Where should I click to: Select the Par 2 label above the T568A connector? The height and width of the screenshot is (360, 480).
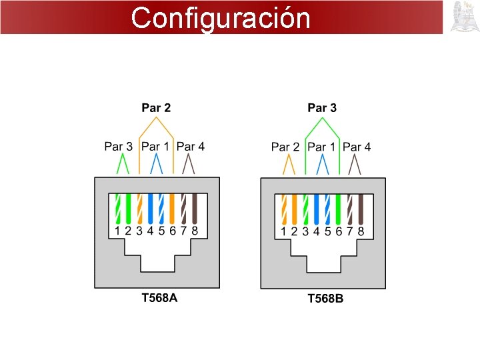point(156,107)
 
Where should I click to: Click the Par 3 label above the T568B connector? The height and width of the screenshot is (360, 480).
point(322,107)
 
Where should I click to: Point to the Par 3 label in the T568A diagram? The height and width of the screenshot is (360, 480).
point(119,147)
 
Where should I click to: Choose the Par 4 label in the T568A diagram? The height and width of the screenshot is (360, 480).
point(191,147)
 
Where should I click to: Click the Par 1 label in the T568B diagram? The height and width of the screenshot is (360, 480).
point(322,147)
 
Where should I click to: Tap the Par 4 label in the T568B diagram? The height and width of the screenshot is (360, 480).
point(357,147)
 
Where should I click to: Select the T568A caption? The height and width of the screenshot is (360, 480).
point(159,297)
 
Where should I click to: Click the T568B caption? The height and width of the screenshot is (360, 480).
point(325,298)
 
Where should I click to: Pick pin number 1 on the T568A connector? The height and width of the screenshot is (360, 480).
point(117,231)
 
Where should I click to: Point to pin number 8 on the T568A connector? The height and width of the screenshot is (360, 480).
point(195,231)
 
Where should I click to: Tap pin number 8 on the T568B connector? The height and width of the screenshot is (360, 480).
point(361,231)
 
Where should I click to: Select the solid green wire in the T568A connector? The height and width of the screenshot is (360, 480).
point(128,208)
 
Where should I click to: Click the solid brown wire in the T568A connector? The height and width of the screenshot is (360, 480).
point(194,208)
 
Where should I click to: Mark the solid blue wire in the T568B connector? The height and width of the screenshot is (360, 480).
point(316,208)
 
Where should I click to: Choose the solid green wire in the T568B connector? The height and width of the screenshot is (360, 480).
point(338,208)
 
